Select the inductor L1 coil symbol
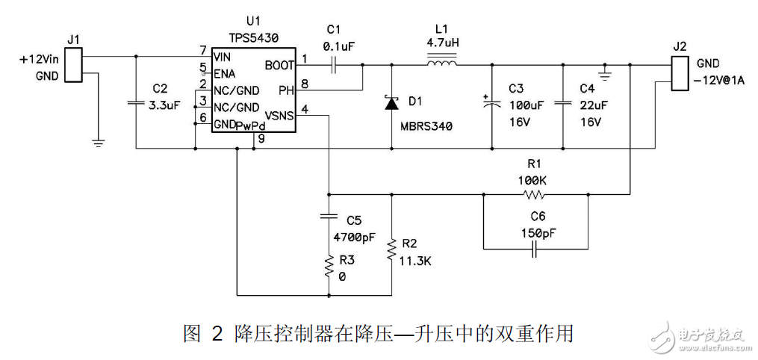tap(443, 63)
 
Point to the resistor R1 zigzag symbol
tap(534, 196)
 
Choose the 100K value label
tap(532, 180)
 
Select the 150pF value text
tap(535, 233)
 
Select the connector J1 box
tap(73, 65)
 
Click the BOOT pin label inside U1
tap(280, 66)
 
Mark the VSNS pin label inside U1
tap(280, 116)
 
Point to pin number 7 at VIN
tap(202, 50)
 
